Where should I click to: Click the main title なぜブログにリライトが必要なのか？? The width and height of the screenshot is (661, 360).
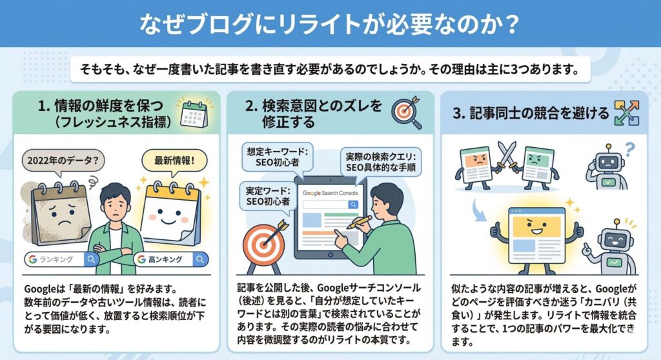tap(330, 24)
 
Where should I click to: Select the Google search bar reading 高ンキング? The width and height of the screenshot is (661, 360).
tap(171, 259)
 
